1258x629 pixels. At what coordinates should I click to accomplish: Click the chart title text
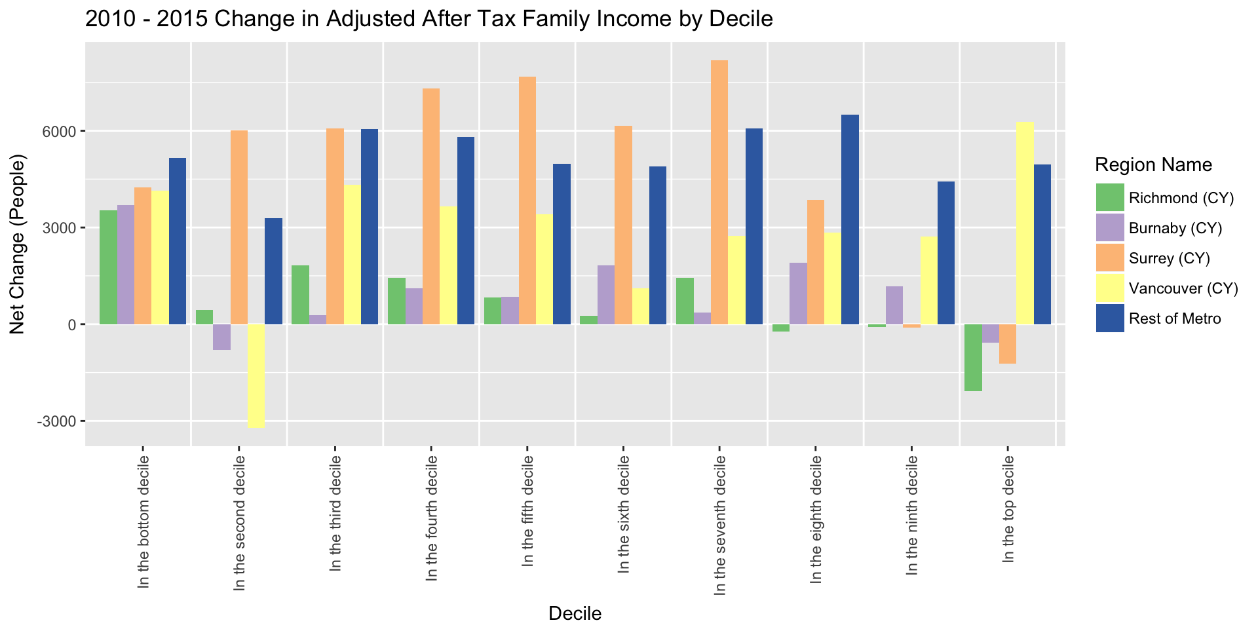(x=429, y=19)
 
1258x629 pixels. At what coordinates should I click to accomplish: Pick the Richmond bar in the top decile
(x=973, y=357)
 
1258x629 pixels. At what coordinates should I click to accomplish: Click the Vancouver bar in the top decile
(x=1025, y=223)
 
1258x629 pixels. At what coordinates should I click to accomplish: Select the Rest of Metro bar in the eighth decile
(x=850, y=219)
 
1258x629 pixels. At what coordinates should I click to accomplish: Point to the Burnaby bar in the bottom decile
(x=126, y=265)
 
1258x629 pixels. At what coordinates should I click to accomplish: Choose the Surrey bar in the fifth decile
(x=527, y=200)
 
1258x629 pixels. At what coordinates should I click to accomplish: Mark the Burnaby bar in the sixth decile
(x=606, y=295)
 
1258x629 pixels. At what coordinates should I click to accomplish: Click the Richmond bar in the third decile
(x=300, y=295)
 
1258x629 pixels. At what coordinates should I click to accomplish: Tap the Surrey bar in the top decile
(x=1008, y=343)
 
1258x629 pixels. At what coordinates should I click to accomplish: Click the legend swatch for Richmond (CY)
(x=1110, y=198)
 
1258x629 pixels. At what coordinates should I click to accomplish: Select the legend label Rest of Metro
(x=1175, y=319)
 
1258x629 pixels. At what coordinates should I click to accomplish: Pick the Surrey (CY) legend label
(x=1170, y=259)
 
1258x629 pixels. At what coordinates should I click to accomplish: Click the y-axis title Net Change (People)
(x=18, y=244)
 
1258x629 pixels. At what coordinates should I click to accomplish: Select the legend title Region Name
(x=1153, y=165)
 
